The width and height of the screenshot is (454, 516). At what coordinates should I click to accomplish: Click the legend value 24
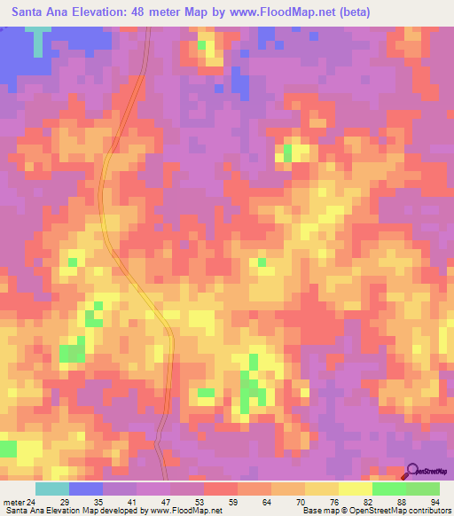point(30,501)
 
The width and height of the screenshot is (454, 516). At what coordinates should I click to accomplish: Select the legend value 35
point(101,501)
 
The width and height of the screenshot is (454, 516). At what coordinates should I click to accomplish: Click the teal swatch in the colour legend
point(52,489)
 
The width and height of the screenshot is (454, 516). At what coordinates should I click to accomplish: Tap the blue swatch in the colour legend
point(86,489)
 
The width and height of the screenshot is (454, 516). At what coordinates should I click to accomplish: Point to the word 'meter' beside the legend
point(12,501)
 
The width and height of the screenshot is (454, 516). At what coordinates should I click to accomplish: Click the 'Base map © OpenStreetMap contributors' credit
point(376,511)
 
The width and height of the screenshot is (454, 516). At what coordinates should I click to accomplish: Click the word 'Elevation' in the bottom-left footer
point(59,511)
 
